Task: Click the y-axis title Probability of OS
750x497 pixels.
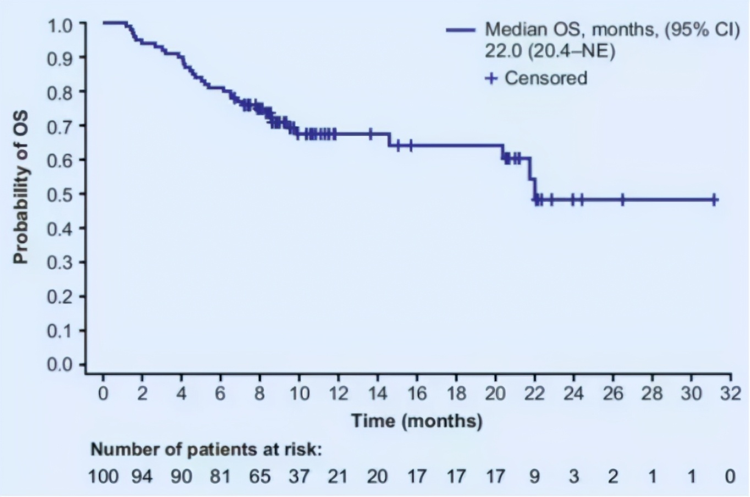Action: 20,187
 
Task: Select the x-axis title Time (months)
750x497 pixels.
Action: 417,421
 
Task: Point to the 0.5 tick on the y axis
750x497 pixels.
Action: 65,194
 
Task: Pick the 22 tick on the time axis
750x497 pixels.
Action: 534,394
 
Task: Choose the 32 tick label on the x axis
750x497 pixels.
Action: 731,394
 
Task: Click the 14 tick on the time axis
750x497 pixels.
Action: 377,394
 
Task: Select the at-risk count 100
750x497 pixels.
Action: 103,476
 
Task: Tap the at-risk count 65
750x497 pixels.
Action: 260,476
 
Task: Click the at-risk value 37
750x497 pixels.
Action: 299,476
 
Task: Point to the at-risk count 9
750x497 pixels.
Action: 534,476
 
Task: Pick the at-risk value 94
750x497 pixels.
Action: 142,476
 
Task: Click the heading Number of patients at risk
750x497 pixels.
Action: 206,450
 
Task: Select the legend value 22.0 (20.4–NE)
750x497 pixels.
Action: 549,52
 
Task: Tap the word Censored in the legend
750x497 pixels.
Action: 546,78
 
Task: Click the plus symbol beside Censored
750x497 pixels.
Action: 491,78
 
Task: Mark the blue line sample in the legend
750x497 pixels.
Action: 460,29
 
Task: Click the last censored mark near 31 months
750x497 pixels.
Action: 714,200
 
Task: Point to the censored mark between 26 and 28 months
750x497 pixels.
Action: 622,200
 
